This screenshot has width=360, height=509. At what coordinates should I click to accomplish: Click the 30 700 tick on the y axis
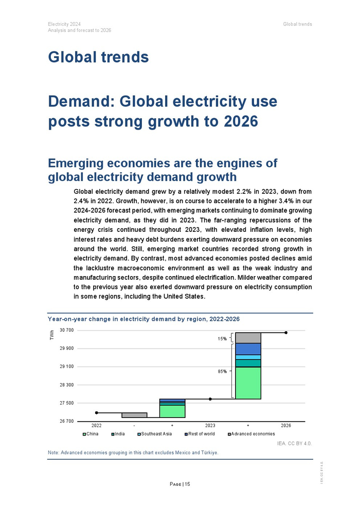[x=67, y=330]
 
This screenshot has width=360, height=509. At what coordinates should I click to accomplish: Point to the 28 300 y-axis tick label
[x=67, y=385]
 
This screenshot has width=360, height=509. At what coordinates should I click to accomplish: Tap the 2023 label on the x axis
[x=210, y=426]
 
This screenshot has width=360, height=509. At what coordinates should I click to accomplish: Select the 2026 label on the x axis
[x=286, y=426]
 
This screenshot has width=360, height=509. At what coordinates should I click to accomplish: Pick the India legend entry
[x=118, y=434]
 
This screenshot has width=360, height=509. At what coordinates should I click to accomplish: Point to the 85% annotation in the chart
[x=222, y=371]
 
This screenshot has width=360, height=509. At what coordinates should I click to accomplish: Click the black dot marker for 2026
[x=286, y=333]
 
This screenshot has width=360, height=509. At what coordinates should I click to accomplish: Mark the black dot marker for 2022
[x=96, y=413]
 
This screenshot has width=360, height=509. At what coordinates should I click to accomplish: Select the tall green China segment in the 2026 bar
[x=248, y=383]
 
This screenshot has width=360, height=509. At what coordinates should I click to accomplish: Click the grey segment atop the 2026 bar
[x=248, y=338]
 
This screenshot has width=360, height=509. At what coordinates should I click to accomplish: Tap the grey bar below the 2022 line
[x=134, y=415]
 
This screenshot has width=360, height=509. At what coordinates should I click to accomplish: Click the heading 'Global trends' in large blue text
[x=98, y=57]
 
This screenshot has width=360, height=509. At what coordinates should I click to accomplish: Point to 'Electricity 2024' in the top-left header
[x=64, y=24]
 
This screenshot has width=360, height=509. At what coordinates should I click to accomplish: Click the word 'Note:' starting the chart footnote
[x=53, y=452]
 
